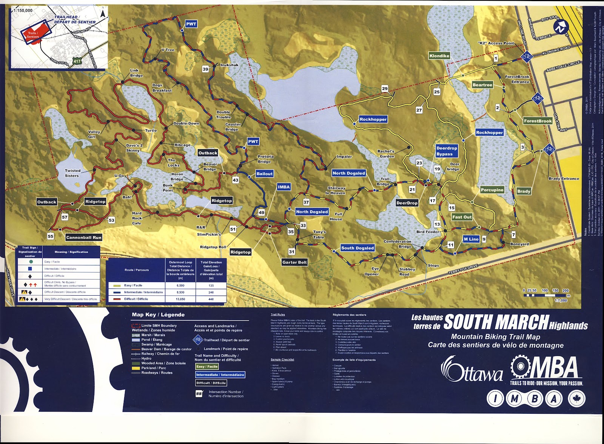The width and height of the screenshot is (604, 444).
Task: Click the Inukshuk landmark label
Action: [229, 65]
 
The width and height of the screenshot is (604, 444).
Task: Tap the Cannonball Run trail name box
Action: [84, 237]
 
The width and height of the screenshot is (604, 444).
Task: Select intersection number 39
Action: [205, 69]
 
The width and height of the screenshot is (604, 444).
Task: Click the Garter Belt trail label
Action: [294, 262]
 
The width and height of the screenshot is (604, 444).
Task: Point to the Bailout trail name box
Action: [264, 174]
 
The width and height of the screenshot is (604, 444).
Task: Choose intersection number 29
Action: [385, 89]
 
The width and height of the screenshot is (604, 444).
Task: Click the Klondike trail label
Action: [439, 56]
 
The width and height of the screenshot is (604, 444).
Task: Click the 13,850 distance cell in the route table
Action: [180, 299]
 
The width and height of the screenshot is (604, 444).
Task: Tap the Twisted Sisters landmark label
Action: [72, 173]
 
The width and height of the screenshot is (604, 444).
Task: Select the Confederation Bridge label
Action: [398, 244]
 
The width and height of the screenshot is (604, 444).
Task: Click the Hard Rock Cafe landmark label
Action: [137, 218]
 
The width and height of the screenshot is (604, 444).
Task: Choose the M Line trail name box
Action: [471, 239]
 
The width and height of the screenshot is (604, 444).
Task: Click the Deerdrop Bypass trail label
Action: [447, 151]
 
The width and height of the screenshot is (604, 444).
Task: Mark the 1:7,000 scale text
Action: [561, 301]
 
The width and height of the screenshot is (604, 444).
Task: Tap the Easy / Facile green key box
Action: [207, 366]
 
